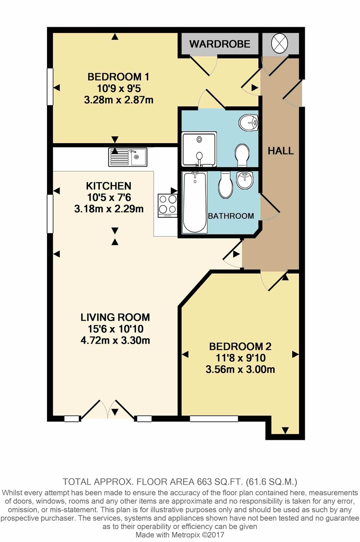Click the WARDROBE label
[220, 44]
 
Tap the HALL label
[281, 151]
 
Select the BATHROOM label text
[231, 216]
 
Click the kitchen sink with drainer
[127, 157]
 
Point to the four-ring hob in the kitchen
[168, 206]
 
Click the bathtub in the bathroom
[195, 202]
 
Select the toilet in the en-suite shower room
[242, 155]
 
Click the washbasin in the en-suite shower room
[248, 122]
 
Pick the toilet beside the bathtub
[225, 185]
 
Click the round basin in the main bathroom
[245, 180]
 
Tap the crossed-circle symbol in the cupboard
[280, 43]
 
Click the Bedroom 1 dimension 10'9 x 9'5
[119, 89]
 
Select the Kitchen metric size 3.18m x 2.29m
[109, 209]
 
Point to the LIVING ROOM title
[115, 317]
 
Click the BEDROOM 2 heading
[240, 346]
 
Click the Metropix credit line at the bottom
[180, 534]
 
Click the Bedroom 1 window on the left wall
[50, 86]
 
